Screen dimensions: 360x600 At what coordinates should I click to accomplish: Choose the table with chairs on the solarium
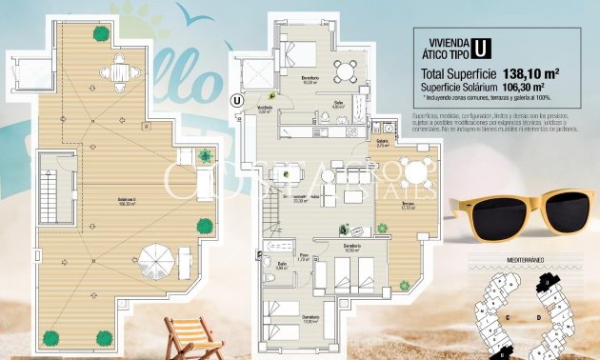(x=118, y=70)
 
